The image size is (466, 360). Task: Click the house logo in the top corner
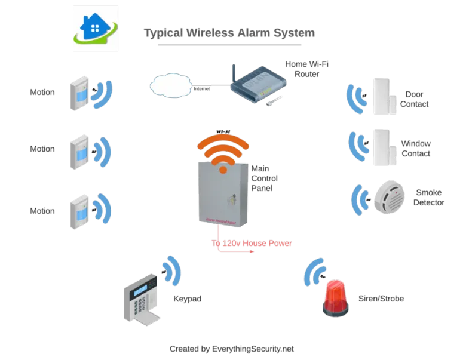(96, 29)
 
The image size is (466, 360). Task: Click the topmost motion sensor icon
(79, 93)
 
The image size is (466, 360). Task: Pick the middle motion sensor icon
(79, 150)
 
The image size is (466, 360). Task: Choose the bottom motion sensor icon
(79, 210)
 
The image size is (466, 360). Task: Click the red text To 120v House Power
(252, 244)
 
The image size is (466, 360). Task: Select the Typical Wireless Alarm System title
(229, 33)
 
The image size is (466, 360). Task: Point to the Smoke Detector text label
(430, 197)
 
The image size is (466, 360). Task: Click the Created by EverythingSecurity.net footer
(232, 348)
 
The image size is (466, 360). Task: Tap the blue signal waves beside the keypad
(172, 272)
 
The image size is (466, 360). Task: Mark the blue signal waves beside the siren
(313, 274)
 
